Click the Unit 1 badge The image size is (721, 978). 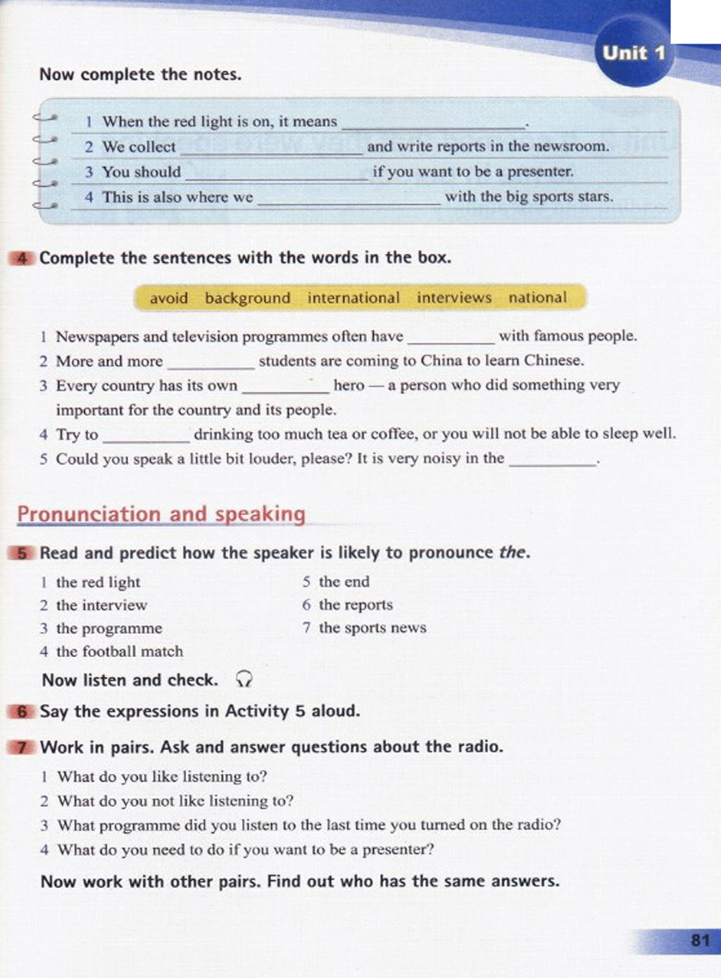click(633, 53)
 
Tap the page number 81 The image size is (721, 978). click(700, 940)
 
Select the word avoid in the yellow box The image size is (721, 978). click(169, 298)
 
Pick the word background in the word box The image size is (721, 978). click(247, 298)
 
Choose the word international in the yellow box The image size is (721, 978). click(353, 298)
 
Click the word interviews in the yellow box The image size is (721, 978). click(454, 298)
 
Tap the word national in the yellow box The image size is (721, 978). click(537, 298)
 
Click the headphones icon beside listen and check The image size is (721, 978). click(244, 679)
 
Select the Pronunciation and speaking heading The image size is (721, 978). click(161, 514)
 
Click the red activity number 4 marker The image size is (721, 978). click(21, 258)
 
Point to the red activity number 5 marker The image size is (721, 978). click(22, 553)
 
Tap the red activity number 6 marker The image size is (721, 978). click(22, 711)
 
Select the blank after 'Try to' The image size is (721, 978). click(146, 437)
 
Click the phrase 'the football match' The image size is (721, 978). click(119, 652)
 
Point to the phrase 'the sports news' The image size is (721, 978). click(372, 628)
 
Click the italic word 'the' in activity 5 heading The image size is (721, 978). click(512, 552)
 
